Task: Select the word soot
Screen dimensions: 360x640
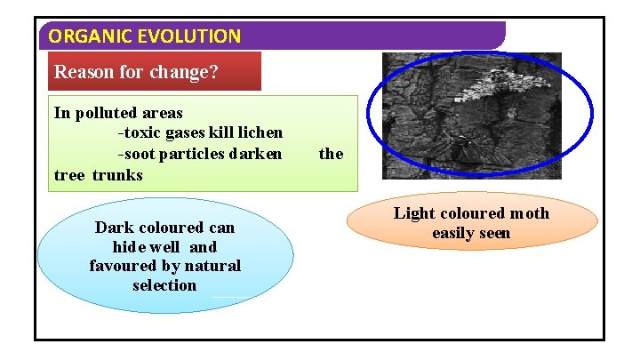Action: pyautogui.click(x=140, y=154)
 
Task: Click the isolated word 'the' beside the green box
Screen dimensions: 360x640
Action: pyautogui.click(x=331, y=154)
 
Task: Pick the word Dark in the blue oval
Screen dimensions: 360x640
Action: pyautogui.click(x=113, y=228)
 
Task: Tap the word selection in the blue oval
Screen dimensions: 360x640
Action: pyautogui.click(x=164, y=285)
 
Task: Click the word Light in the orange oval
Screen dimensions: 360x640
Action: pyautogui.click(x=413, y=213)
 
